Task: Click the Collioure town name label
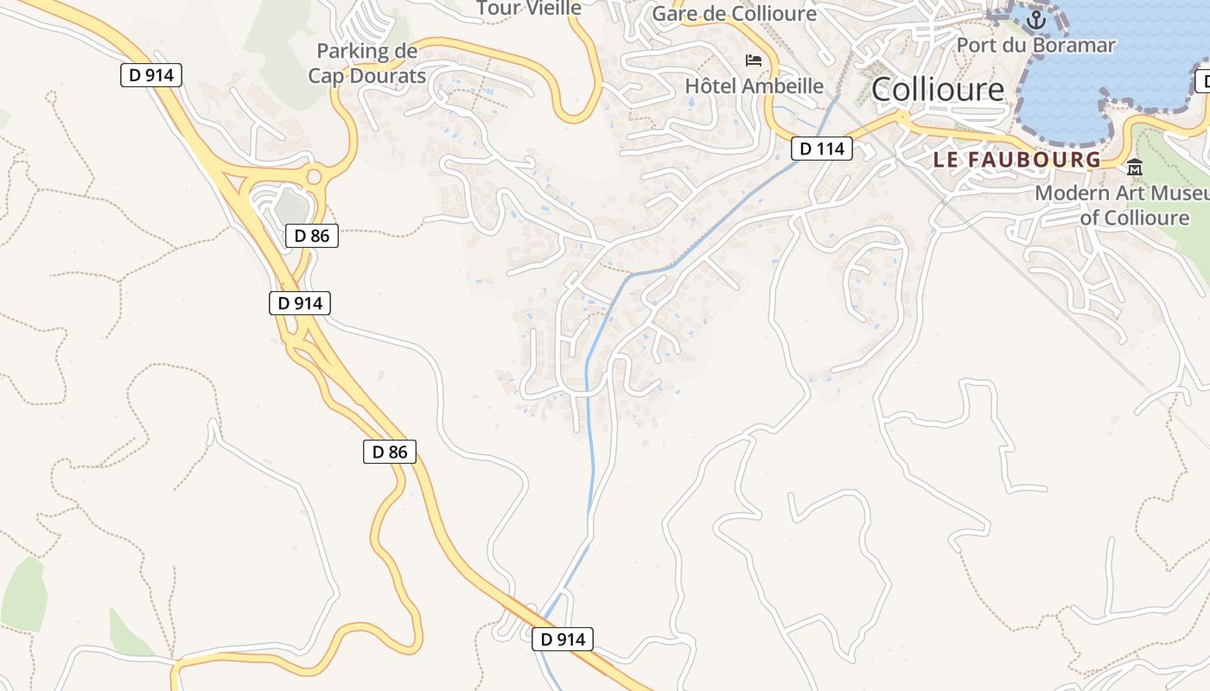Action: pos(938,89)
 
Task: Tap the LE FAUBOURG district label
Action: pos(1017,160)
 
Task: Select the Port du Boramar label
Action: pos(1035,46)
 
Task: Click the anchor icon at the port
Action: pos(1035,18)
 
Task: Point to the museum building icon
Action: pos(1134,168)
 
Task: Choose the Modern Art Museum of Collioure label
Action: pos(1122,205)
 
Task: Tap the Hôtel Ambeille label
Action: pos(754,86)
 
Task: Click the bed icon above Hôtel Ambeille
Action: pos(754,60)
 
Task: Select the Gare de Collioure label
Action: pos(734,14)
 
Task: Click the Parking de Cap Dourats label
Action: pos(366,63)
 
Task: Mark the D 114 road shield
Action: pos(821,149)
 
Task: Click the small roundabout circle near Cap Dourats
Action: pos(314,178)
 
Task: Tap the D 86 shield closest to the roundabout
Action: pos(311,235)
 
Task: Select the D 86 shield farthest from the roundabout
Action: pos(389,451)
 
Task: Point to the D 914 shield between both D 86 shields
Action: pos(299,303)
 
